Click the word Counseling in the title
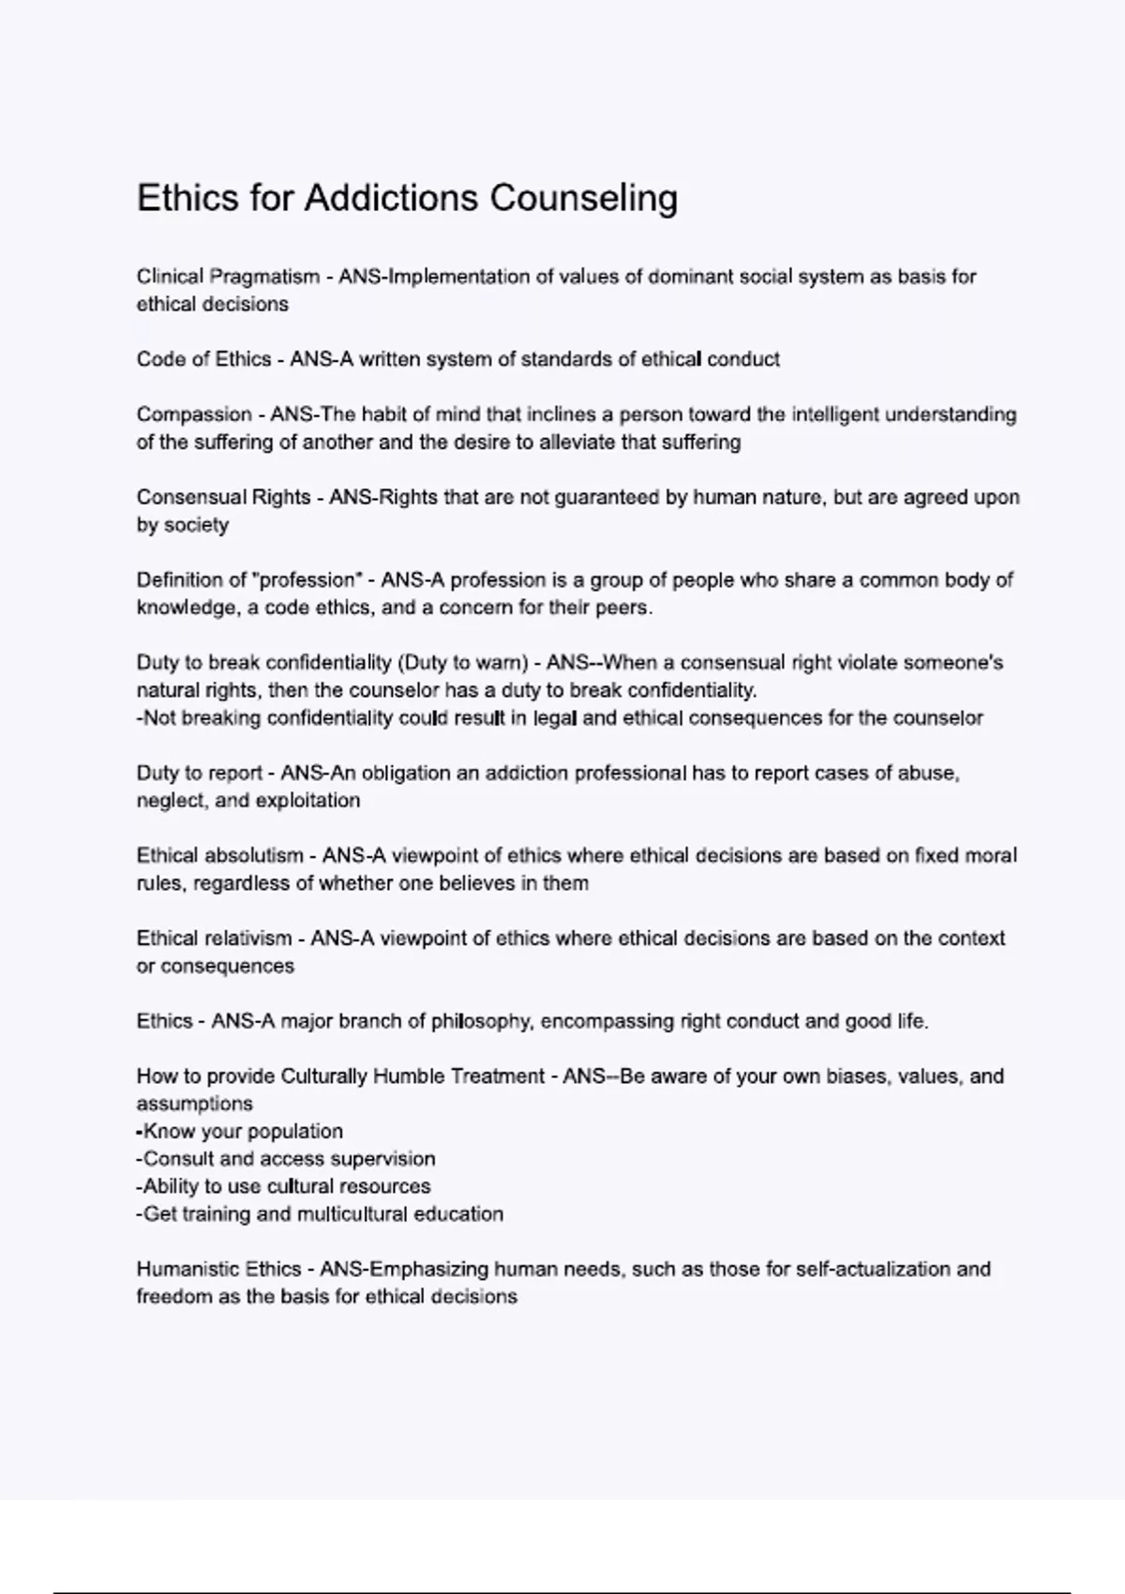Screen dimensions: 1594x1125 pos(583,198)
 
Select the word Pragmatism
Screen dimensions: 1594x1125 pos(264,277)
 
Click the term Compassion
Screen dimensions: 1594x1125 pos(194,414)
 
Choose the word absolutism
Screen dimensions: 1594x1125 pos(254,856)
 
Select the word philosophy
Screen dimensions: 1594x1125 pos(481,1021)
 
